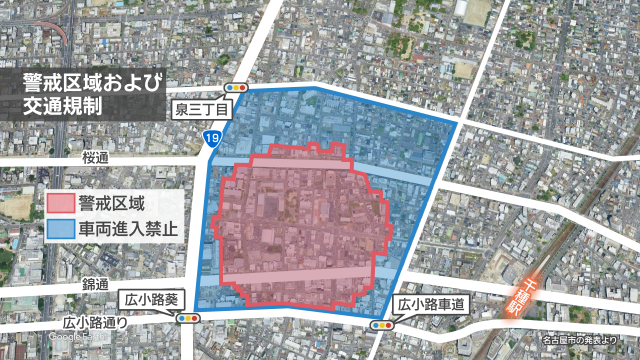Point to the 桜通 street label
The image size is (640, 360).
(x=96, y=157)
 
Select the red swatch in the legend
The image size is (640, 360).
(x=60, y=203)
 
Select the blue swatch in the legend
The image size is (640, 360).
(x=60, y=228)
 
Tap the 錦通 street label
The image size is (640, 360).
(x=96, y=285)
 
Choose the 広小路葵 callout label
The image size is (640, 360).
(x=150, y=298)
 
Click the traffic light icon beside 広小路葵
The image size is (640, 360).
(x=187, y=319)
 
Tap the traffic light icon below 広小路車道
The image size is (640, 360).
(x=382, y=326)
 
